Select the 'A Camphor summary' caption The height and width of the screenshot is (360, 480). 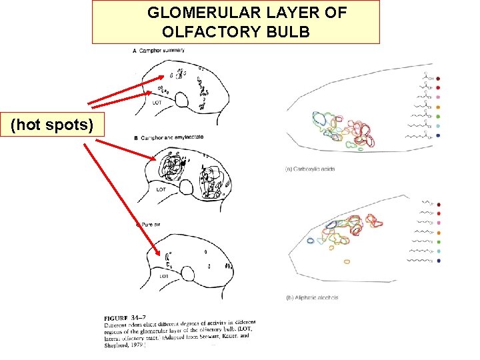tap(159, 51)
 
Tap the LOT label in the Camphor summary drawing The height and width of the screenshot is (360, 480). tap(157, 103)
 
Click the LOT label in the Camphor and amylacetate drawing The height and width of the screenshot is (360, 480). tap(161, 189)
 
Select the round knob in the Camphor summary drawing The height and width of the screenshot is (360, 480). tap(180, 100)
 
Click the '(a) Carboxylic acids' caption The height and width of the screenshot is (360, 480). tap(310, 169)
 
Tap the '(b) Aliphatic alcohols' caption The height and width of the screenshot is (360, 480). tap(312, 297)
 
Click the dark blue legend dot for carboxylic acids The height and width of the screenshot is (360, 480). tap(438, 135)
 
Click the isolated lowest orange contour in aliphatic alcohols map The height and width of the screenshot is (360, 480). tap(347, 261)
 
